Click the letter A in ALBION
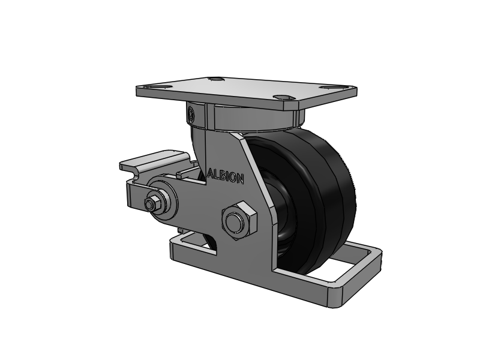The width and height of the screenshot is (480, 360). point(211,173)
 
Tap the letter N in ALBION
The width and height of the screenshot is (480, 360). point(240,179)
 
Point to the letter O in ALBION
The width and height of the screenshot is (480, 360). point(233,178)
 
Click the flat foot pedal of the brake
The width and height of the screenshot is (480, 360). point(152,161)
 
